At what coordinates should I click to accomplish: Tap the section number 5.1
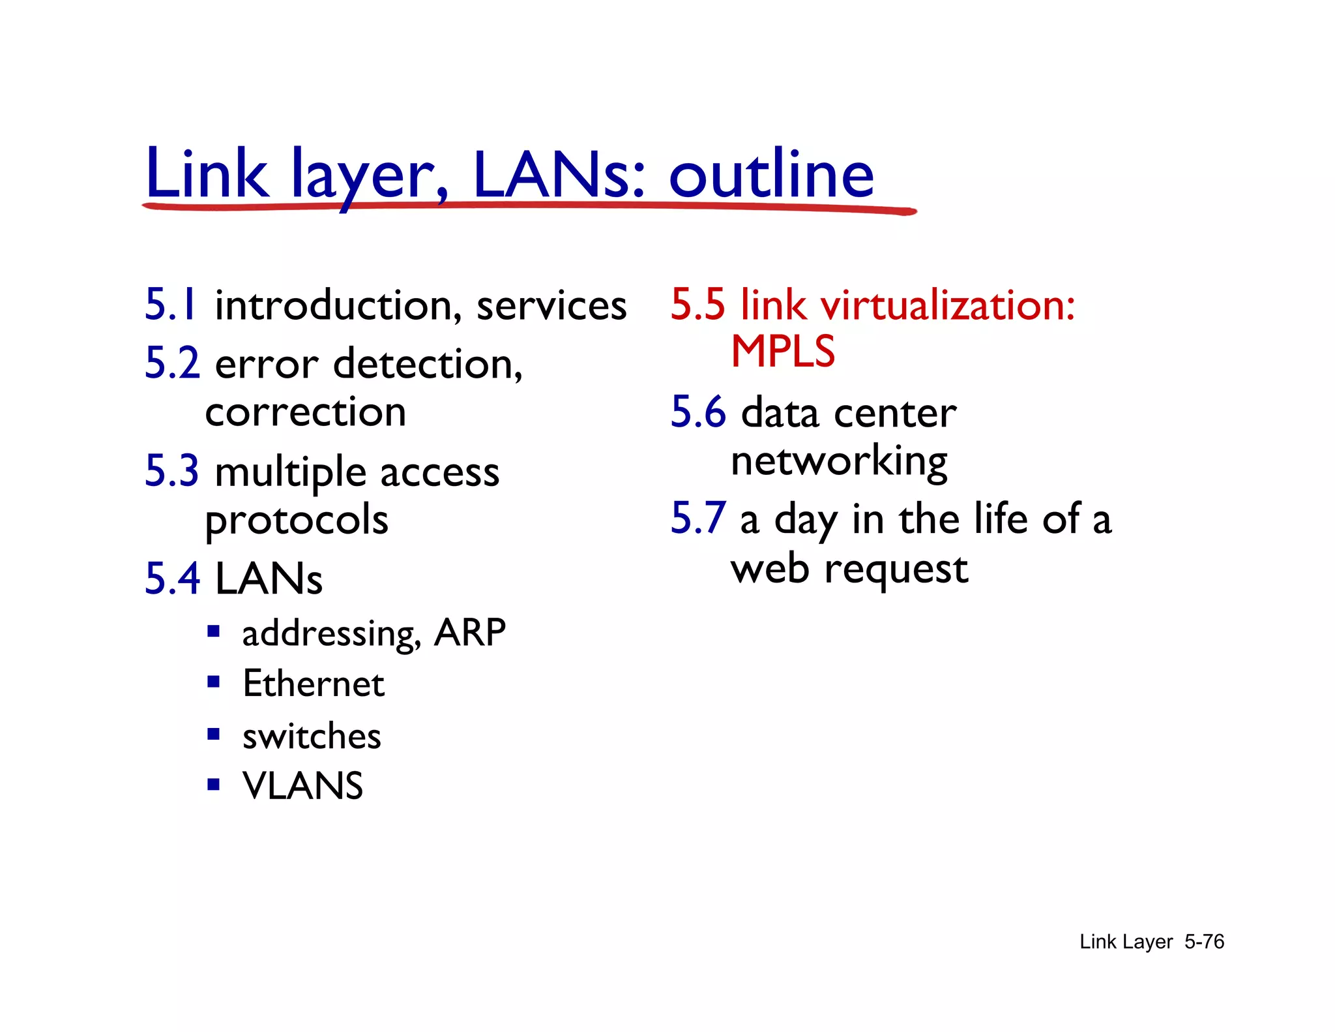[x=170, y=305]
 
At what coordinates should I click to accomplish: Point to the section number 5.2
[x=172, y=363]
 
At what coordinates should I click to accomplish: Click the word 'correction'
[x=306, y=412]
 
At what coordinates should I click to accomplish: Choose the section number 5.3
[x=172, y=471]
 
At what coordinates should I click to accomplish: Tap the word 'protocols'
[x=297, y=521]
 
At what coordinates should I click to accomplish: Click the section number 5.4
[x=172, y=579]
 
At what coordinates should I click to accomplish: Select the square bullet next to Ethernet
[x=213, y=682]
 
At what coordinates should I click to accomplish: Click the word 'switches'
[x=312, y=736]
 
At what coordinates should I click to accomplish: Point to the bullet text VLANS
[x=302, y=785]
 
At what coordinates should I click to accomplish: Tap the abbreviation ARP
[x=470, y=632]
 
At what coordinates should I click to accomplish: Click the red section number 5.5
[x=697, y=305]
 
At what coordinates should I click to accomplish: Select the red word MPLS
[x=783, y=352]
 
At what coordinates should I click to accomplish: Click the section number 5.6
[x=698, y=412]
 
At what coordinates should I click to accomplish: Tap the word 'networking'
[x=839, y=462]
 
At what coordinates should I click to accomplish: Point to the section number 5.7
[x=698, y=519]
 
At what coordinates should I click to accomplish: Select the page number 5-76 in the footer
[x=1204, y=941]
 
